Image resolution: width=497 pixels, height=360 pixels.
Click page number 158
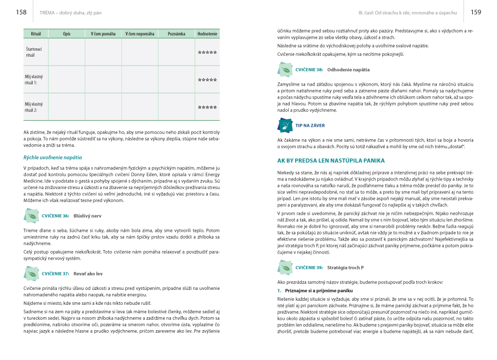pyautogui.click(x=21, y=12)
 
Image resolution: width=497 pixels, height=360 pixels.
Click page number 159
pyautogui.click(x=476, y=12)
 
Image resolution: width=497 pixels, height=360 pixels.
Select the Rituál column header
pyautogui.click(x=36, y=34)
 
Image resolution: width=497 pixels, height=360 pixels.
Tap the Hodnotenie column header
pyautogui.click(x=207, y=34)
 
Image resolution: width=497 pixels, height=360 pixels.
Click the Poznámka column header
pyautogui.click(x=176, y=34)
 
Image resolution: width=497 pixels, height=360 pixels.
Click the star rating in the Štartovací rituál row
pyautogui.click(x=207, y=52)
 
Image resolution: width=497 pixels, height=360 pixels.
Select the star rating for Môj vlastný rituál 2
pyautogui.click(x=207, y=107)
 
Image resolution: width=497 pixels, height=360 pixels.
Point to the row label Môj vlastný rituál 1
pyautogui.click(x=34, y=80)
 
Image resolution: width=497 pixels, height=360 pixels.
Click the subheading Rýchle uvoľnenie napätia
pyautogui.click(x=53, y=157)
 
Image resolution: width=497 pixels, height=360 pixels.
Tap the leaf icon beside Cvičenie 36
pyautogui.click(x=31, y=217)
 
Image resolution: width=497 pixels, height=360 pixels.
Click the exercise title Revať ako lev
pyautogui.click(x=88, y=273)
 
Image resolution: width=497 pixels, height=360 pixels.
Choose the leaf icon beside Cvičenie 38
pyautogui.click(x=285, y=70)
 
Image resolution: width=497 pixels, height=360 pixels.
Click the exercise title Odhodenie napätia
pyautogui.click(x=348, y=70)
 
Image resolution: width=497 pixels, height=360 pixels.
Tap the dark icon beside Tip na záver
pyautogui.click(x=285, y=126)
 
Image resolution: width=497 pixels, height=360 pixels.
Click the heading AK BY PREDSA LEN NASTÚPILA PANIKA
pyautogui.click(x=331, y=161)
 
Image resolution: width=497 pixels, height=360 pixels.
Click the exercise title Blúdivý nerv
pyautogui.click(x=87, y=216)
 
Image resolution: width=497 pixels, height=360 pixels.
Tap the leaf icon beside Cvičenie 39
pyautogui.click(x=285, y=268)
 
